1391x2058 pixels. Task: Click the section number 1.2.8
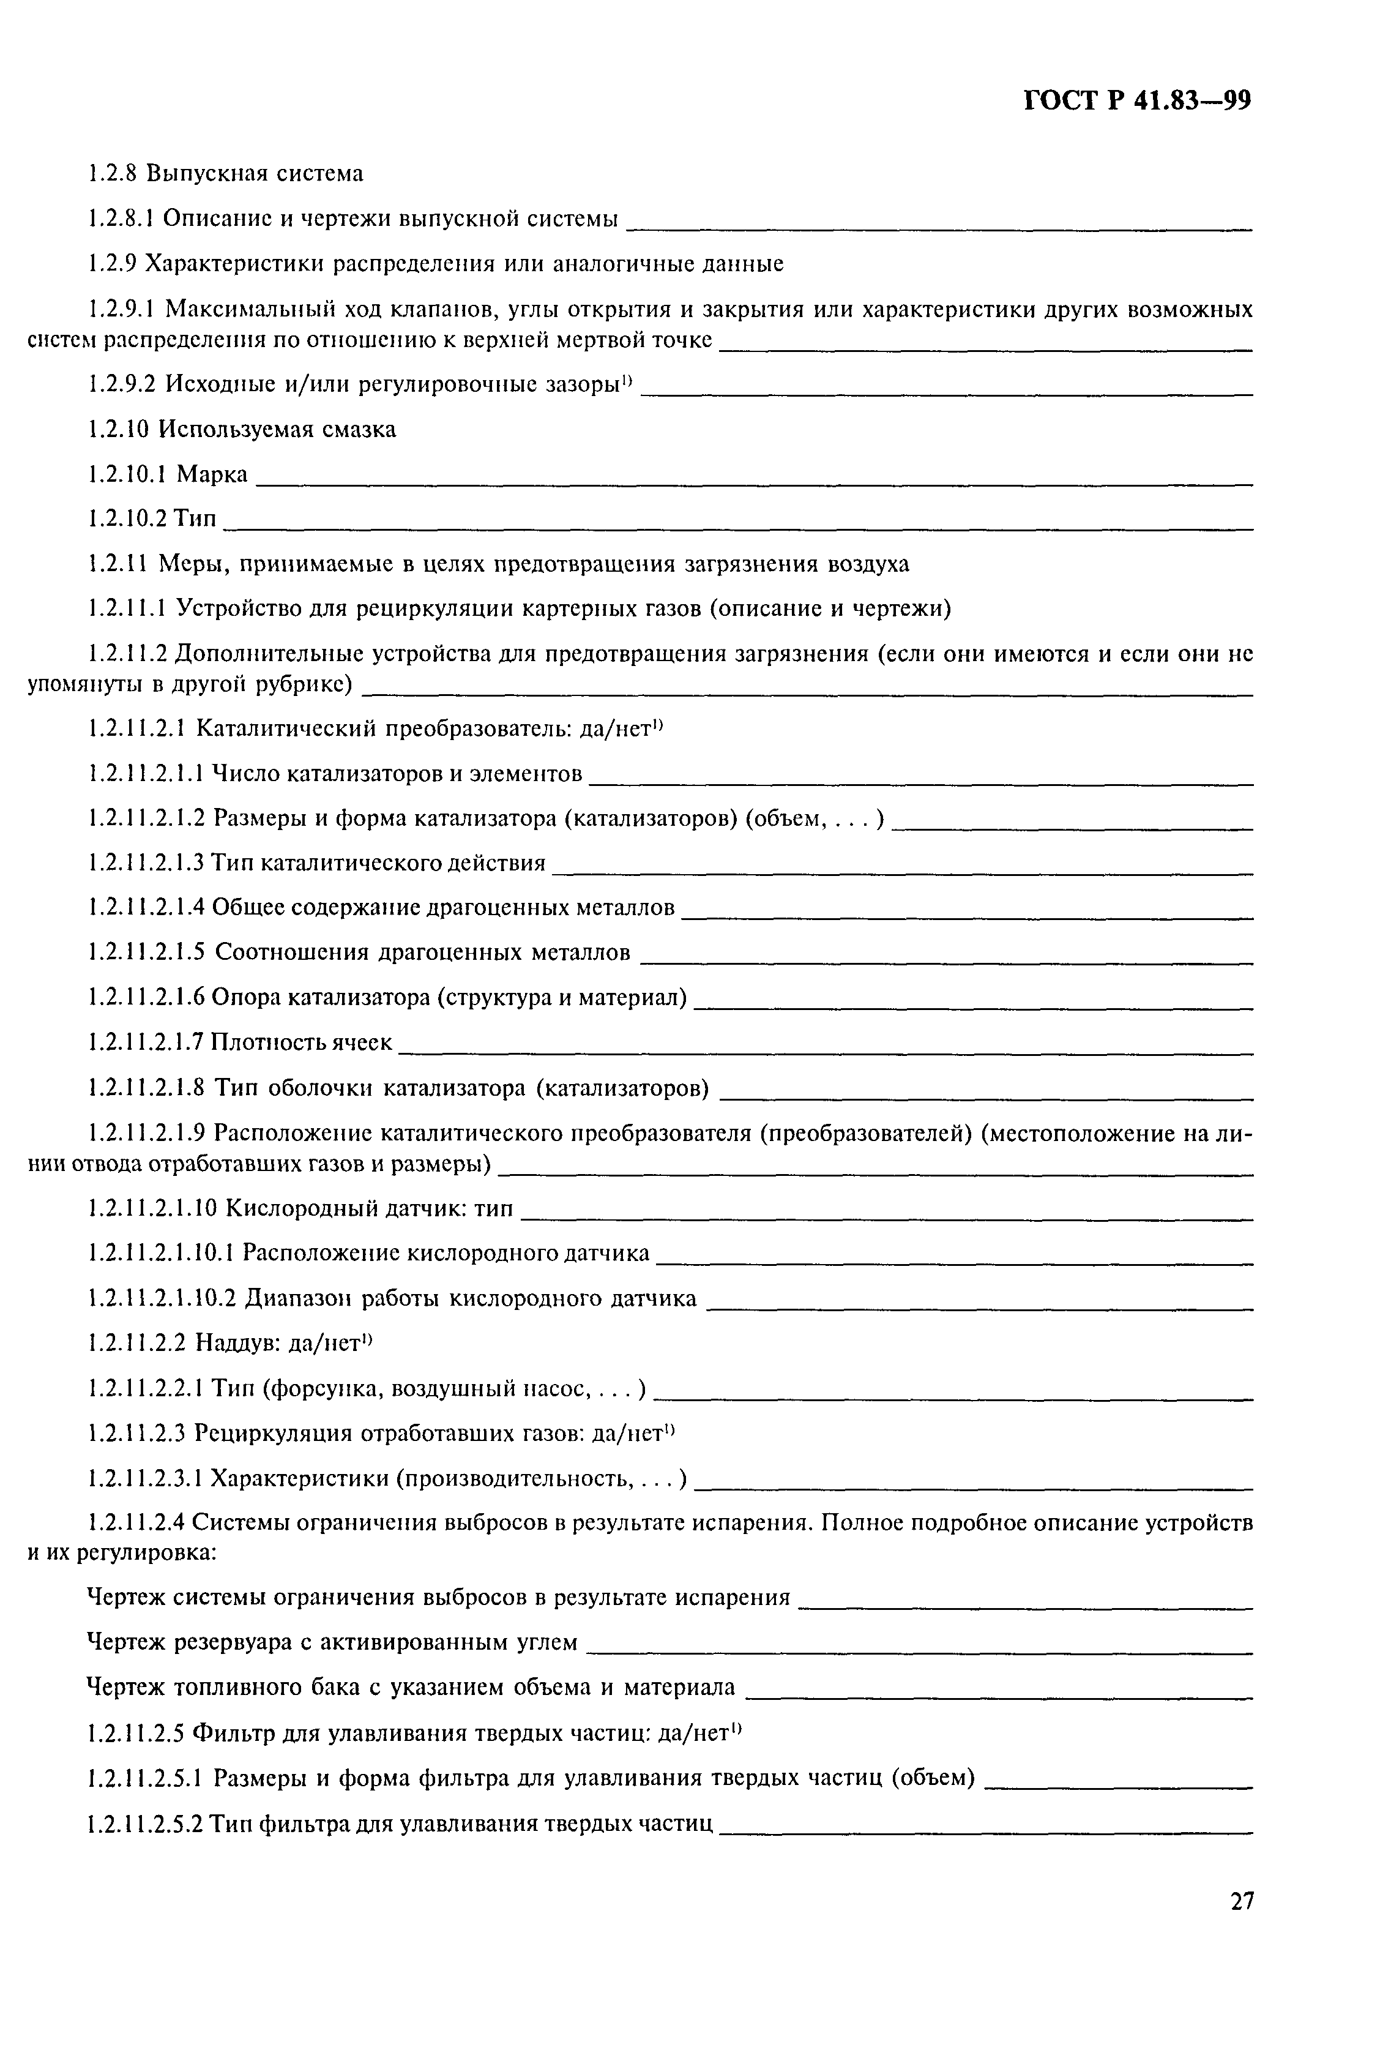tap(113, 174)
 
